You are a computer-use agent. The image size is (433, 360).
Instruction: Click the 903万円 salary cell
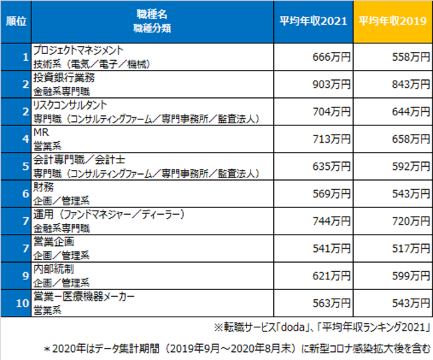(x=331, y=84)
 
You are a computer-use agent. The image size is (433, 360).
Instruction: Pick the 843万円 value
(x=410, y=84)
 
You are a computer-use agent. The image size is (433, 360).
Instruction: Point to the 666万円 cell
(x=331, y=57)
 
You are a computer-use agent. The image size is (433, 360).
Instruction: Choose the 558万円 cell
(x=410, y=57)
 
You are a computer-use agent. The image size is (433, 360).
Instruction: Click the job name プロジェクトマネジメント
(x=78, y=51)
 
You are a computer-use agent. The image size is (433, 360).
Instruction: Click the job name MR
(x=41, y=133)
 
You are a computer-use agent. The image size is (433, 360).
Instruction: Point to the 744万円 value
(x=331, y=221)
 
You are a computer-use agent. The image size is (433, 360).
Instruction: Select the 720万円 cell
(x=410, y=221)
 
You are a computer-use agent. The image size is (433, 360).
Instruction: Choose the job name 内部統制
(x=53, y=269)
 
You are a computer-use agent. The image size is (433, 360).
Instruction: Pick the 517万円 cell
(x=410, y=248)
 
